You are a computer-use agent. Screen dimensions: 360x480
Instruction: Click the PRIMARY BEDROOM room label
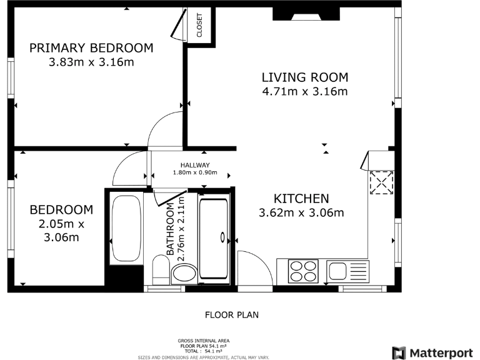click(91, 48)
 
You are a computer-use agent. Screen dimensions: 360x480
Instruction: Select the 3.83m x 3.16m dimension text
click(91, 62)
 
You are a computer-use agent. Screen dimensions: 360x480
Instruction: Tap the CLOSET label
click(200, 25)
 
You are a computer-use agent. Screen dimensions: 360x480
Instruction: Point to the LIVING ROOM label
click(304, 77)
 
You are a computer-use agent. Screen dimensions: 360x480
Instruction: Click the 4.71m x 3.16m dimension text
click(304, 92)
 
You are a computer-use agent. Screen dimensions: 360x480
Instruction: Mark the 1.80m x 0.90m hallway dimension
click(195, 172)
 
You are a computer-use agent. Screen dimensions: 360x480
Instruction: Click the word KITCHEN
click(302, 199)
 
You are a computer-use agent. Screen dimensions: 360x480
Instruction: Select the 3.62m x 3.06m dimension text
click(302, 213)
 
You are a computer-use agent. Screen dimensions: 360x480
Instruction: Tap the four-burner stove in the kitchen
click(304, 271)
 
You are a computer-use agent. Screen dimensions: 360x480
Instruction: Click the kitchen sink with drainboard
click(347, 271)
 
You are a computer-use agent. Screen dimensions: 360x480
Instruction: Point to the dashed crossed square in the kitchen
click(379, 182)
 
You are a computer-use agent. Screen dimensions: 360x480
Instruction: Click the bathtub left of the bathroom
click(126, 227)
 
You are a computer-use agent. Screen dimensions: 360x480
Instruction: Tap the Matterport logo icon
click(399, 352)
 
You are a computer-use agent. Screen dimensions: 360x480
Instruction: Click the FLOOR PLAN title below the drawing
click(232, 315)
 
